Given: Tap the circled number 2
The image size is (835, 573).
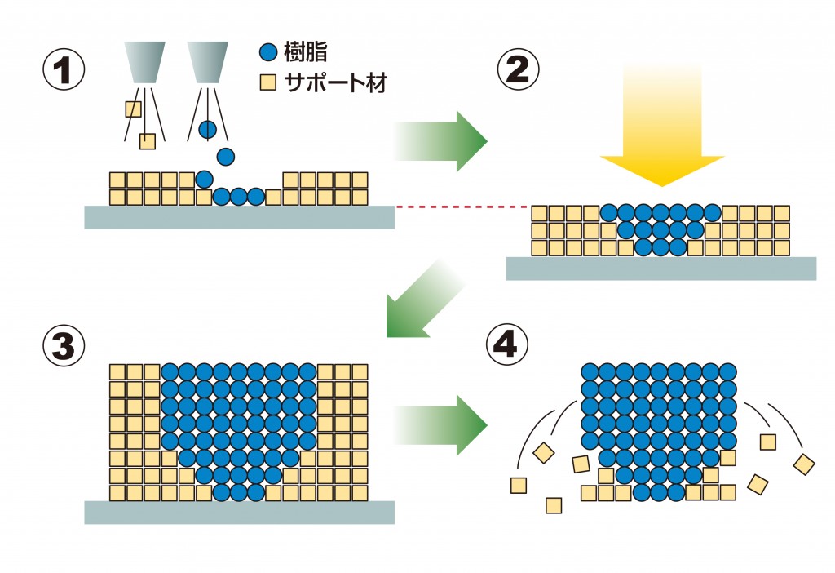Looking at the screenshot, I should tap(519, 70).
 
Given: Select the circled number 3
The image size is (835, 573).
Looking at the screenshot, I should tap(64, 347).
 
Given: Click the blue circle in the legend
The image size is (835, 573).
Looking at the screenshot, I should tap(267, 54).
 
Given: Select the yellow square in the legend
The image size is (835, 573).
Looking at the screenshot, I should tap(267, 82).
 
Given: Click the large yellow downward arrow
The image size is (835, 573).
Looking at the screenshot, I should tap(661, 122).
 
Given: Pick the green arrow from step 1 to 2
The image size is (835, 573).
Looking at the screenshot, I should tap(440, 140).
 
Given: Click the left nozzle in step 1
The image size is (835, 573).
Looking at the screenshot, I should tap(144, 62).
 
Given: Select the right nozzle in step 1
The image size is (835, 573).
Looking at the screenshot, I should tap(208, 62).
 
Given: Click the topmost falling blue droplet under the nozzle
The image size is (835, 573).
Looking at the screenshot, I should tap(208, 129).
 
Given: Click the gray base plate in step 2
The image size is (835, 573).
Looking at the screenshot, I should tap(660, 269).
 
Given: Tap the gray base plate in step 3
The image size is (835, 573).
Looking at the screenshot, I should tap(239, 512).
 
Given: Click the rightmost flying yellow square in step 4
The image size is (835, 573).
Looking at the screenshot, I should tap(804, 464).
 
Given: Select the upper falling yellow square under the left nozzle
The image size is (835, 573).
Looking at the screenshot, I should tap(133, 109).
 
